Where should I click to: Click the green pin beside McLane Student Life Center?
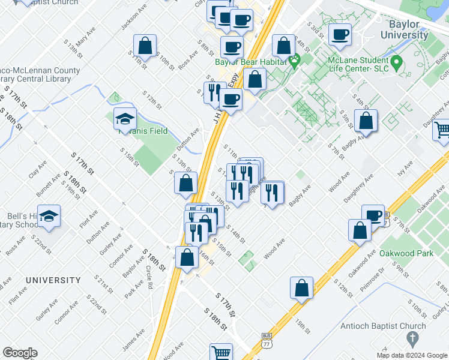[396, 62]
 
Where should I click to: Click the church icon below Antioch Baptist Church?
[412, 340]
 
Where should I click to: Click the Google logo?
[20, 353]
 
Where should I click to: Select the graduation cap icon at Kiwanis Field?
[125, 119]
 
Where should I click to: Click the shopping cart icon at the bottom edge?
[221, 353]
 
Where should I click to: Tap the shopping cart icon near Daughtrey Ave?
[442, 129]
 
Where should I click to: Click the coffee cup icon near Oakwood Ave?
[373, 215]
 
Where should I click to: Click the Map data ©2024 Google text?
[411, 355]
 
